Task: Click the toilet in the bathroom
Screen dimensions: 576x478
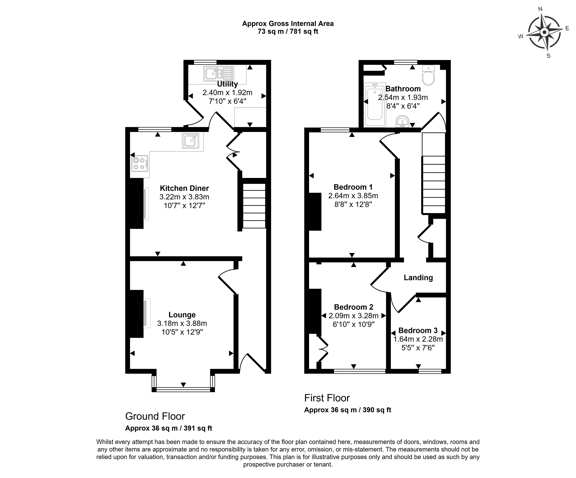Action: (x=428, y=75)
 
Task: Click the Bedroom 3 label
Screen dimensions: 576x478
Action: (x=418, y=330)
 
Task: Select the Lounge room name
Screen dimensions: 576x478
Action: (x=182, y=315)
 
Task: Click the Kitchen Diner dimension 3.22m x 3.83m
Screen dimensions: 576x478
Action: (x=184, y=197)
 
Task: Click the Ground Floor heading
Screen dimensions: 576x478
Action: (x=155, y=416)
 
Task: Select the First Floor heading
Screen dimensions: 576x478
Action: (x=327, y=398)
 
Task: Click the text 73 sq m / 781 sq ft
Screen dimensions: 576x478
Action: (x=288, y=32)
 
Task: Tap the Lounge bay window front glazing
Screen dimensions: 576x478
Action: (x=183, y=389)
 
